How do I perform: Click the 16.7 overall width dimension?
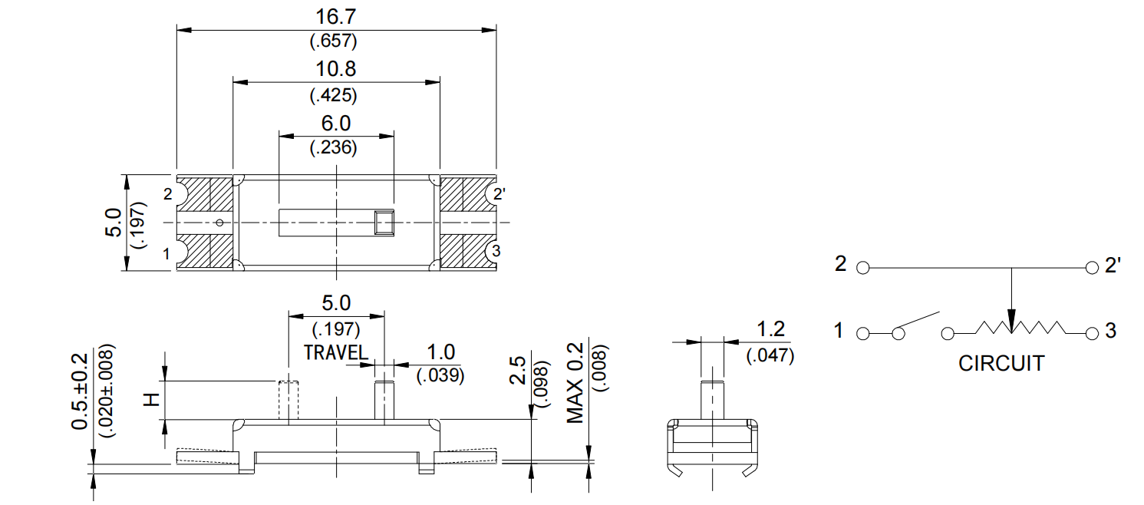pos(335,16)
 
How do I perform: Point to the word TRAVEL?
pos(336,353)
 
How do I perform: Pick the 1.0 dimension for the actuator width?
pos(440,352)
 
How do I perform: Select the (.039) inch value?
pos(440,376)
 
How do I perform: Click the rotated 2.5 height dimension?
pos(519,370)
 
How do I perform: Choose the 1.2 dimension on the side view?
pos(770,329)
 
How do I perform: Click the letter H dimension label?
pos(152,399)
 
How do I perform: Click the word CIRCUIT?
pos(1001,363)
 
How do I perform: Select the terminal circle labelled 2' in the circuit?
pos(1093,269)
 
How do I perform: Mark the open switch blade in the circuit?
pos(919,322)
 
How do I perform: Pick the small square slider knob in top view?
pos(383,222)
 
